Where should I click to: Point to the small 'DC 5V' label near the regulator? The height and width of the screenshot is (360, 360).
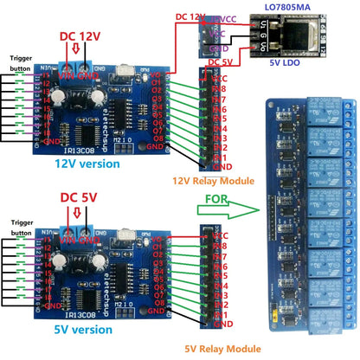[224, 63]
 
